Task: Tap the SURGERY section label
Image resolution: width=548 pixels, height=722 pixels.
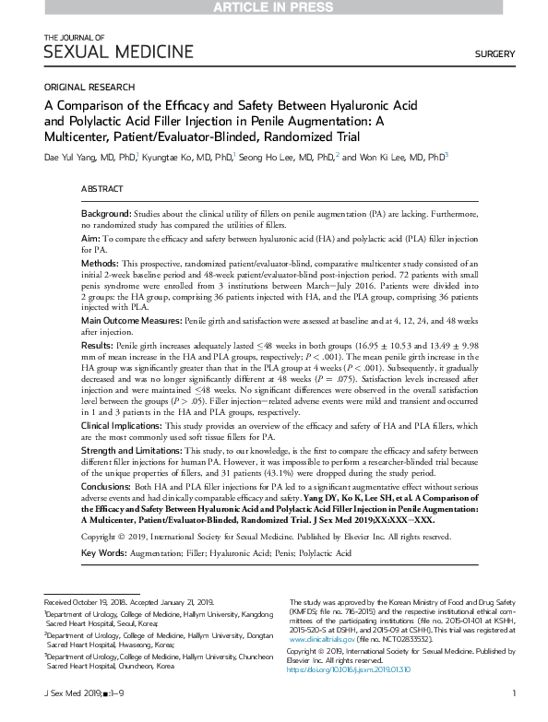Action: pyautogui.click(x=494, y=54)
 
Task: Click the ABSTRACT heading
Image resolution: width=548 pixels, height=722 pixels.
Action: pyautogui.click(x=102, y=188)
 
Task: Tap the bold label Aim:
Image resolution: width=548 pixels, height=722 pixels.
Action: pyautogui.click(x=90, y=238)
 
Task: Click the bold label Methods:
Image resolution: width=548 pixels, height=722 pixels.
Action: pyautogui.click(x=101, y=263)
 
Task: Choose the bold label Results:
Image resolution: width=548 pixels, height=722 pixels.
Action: pyautogui.click(x=99, y=344)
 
